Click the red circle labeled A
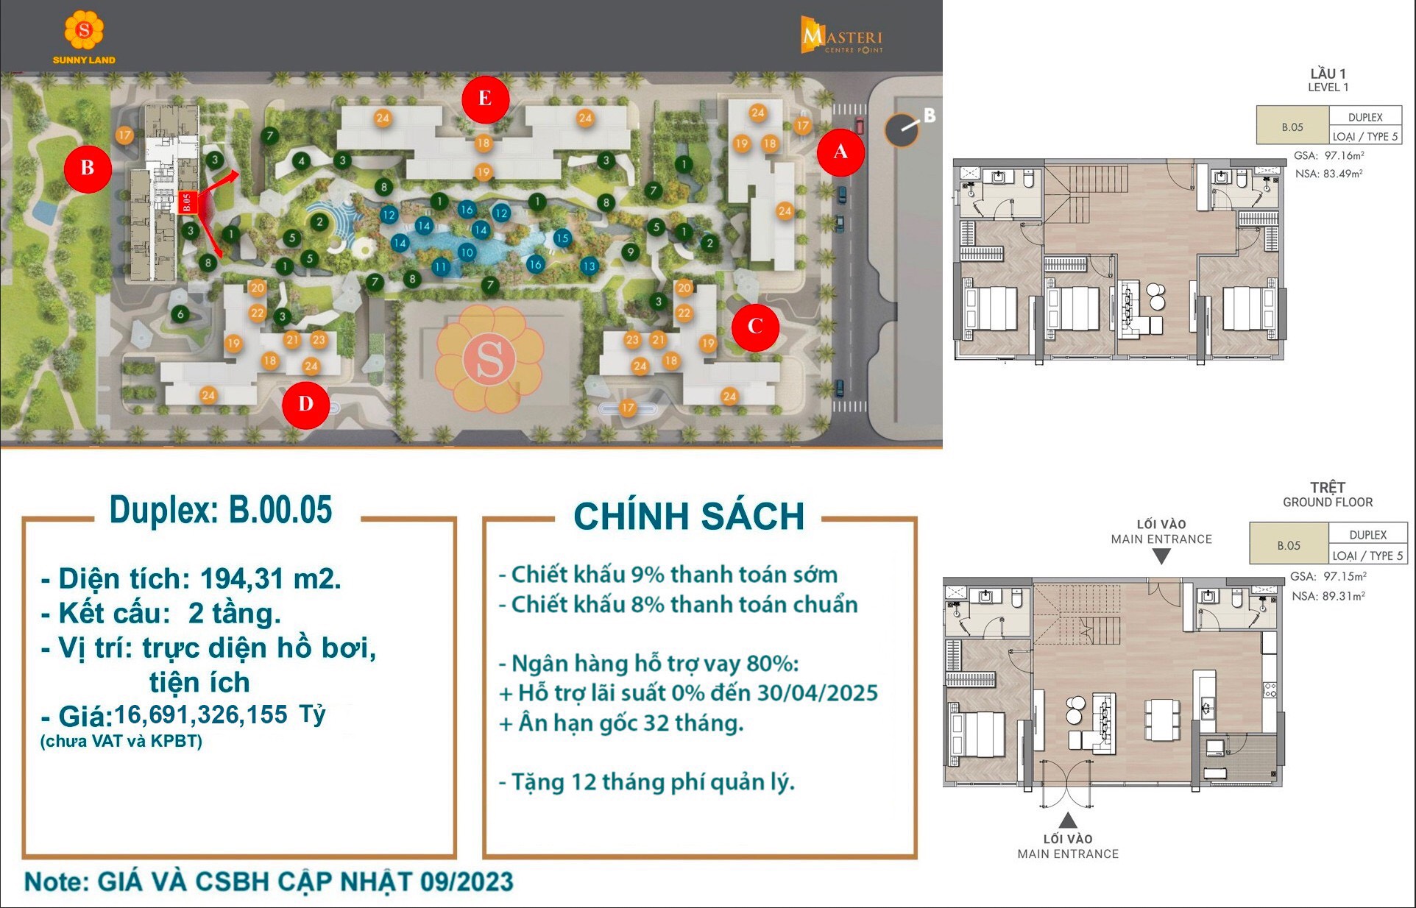840,152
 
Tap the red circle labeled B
88,169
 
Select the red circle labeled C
755,327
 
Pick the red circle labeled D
305,404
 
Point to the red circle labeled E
485,99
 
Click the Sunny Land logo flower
84,31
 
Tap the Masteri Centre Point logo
841,36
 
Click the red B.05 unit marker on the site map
187,202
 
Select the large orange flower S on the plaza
489,359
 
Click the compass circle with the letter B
902,130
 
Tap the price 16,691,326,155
201,714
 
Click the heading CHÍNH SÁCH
689,516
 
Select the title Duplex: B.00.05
221,510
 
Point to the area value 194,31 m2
270,579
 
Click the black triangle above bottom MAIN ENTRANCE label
1068,820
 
